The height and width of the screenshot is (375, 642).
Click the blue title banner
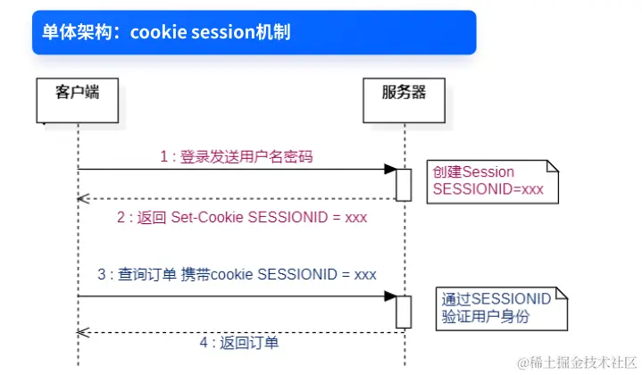coord(254,32)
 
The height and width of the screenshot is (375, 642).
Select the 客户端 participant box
coord(78,100)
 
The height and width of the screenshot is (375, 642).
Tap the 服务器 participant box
coord(404,100)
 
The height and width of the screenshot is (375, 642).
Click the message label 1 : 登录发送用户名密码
coord(237,156)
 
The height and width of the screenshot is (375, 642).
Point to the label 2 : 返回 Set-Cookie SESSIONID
coord(242,217)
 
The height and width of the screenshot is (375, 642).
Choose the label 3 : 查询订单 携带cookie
coord(237,274)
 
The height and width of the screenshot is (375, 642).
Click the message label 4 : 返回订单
coord(239,342)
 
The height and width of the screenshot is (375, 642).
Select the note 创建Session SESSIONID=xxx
coord(493,182)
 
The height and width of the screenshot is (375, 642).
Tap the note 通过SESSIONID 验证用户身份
coord(502,309)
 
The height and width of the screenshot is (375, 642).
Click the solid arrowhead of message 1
coord(390,169)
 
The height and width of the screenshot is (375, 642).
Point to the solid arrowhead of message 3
coord(390,296)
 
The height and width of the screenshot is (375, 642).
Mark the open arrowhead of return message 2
coord(83,199)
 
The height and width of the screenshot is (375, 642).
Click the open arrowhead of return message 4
coord(83,332)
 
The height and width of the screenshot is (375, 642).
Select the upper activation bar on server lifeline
coord(404,185)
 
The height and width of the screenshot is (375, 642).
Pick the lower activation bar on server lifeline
coord(404,312)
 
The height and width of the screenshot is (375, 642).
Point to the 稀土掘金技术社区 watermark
coord(578,362)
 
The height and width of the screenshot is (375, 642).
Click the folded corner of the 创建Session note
coord(553,166)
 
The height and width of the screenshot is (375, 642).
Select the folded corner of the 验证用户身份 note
coord(562,293)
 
